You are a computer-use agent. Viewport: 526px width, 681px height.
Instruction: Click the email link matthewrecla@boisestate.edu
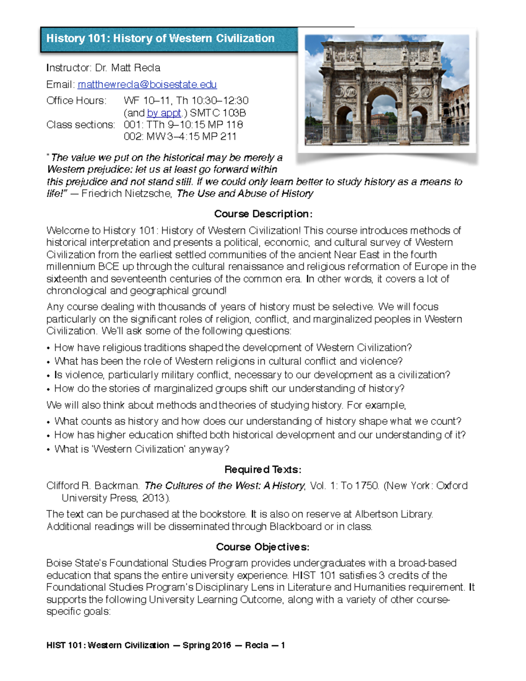147,84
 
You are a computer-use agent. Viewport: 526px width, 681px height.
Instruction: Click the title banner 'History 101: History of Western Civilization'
160,39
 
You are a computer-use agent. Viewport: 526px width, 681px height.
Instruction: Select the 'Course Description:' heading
263,214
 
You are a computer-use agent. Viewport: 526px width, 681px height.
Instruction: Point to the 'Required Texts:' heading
263,470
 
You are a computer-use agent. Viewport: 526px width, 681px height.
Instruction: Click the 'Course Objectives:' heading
263,547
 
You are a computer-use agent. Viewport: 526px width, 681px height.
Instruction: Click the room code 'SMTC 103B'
218,113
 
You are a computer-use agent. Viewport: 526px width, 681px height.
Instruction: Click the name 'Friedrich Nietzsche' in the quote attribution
126,194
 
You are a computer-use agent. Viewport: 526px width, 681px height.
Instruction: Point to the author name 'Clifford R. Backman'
93,486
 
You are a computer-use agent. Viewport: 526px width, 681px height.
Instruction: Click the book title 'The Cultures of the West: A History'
224,486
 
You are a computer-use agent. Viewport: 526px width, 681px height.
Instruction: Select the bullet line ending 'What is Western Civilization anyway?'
142,449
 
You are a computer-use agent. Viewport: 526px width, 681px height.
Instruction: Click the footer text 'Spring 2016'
206,645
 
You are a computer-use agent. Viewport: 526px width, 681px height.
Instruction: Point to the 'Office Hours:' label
76,101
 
